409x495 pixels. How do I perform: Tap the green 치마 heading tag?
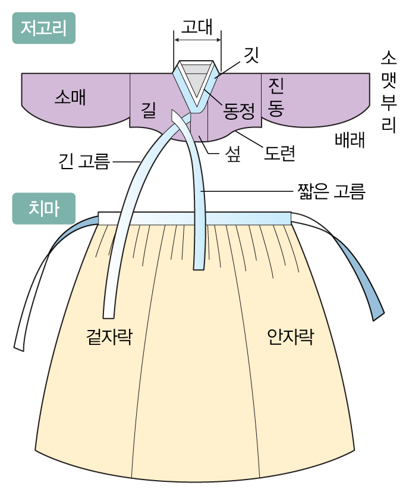pos(43,208)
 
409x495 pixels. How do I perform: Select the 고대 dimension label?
pos(197,26)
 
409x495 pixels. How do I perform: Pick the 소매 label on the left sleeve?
pos(70,97)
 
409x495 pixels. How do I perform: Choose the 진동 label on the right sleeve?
pos(275,96)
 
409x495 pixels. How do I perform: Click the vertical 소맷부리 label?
pos(389,92)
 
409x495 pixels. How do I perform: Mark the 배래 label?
pos(349,140)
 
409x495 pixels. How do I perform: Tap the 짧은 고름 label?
pos(331,192)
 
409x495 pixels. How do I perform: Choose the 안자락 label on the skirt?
pos(290,338)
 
